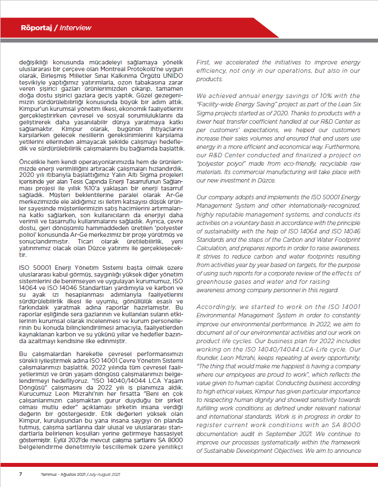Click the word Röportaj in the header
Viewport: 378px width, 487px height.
36,27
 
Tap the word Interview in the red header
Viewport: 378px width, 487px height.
76,27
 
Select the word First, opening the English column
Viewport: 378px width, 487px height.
203,63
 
